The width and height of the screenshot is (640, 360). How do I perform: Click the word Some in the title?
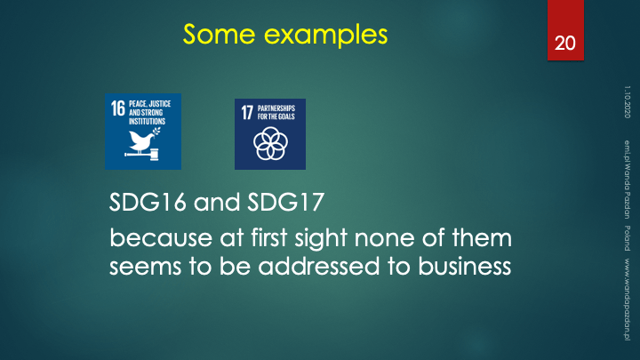pyautogui.click(x=220, y=34)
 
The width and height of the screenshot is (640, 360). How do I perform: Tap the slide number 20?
pyautogui.click(x=565, y=44)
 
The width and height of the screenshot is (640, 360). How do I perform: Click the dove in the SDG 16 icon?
pyautogui.click(x=143, y=140)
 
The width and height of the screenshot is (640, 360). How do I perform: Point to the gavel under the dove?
pyautogui.click(x=141, y=155)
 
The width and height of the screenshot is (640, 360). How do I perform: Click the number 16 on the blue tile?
pyautogui.click(x=118, y=108)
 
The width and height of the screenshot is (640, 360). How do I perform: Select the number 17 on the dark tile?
pyautogui.click(x=247, y=113)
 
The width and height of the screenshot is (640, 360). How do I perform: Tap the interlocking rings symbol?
pyautogui.click(x=270, y=144)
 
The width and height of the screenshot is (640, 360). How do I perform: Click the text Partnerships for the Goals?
pyautogui.click(x=276, y=112)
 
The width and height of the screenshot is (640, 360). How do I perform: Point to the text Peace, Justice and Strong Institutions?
pyautogui.click(x=150, y=113)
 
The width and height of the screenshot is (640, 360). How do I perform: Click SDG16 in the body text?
pyautogui.click(x=148, y=202)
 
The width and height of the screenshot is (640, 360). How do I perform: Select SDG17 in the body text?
pyautogui.click(x=285, y=202)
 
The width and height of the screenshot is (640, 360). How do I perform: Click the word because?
pyautogui.click(x=161, y=238)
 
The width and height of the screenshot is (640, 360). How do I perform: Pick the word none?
pyautogui.click(x=385, y=239)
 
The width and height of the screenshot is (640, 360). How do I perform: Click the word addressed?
pyautogui.click(x=319, y=266)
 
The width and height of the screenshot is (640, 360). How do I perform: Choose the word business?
pyautogui.click(x=465, y=266)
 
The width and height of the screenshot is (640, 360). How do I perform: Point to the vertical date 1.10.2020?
pyautogui.click(x=628, y=102)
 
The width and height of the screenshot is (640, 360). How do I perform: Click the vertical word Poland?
pyautogui.click(x=628, y=238)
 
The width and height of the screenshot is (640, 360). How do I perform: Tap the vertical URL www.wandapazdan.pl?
pyautogui.click(x=628, y=300)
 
